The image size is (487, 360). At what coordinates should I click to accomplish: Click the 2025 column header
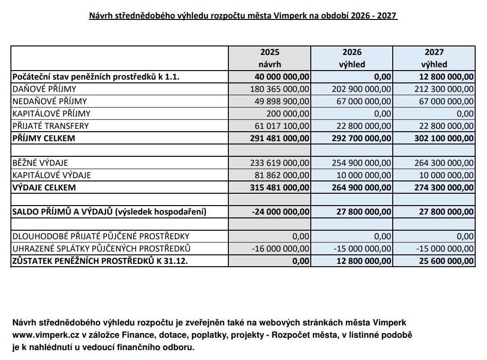(270, 52)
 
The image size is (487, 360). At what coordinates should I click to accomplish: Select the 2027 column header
(434, 52)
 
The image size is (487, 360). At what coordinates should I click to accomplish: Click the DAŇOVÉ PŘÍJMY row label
(45, 89)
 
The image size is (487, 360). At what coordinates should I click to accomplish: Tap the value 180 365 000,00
(280, 89)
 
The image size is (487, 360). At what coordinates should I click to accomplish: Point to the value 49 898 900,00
(283, 101)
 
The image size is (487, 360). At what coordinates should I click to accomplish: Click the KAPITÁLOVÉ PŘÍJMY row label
(51, 113)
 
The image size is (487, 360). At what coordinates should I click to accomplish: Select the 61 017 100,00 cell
(283, 126)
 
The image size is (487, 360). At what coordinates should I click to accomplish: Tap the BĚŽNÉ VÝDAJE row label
(40, 163)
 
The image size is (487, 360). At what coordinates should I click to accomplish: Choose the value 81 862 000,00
(283, 175)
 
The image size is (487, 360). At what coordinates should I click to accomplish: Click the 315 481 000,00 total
(280, 188)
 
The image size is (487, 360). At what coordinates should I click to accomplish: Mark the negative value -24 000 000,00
(281, 212)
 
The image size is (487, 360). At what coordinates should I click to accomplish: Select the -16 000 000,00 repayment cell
(281, 248)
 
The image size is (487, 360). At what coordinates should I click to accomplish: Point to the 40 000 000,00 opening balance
(282, 76)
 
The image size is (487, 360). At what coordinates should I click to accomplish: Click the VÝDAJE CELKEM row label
(44, 188)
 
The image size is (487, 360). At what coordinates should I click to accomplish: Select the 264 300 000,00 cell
(444, 163)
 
